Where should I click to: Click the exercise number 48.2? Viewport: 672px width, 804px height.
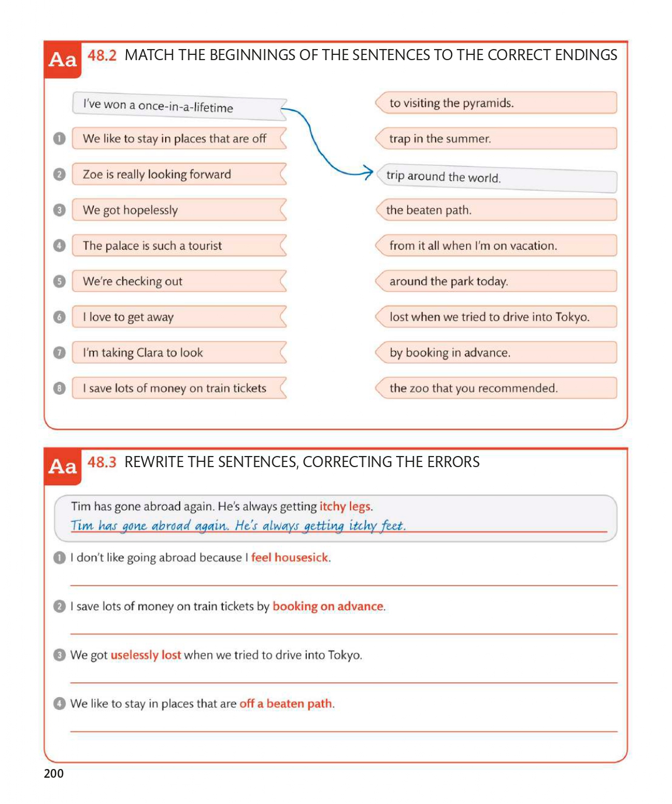[x=102, y=55]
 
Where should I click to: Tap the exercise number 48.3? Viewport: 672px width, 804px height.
[x=102, y=462]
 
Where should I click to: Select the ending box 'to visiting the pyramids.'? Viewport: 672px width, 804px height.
[x=496, y=103]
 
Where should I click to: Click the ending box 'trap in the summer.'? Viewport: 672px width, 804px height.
[x=496, y=138]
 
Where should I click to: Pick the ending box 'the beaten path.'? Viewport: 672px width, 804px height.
[x=496, y=210]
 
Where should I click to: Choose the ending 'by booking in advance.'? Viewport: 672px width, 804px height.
[x=496, y=353]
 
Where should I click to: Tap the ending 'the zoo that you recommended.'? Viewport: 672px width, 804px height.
[x=496, y=388]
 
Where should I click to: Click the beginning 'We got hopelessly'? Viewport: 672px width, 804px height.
[x=178, y=210]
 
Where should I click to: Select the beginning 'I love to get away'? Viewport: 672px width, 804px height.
[x=178, y=317]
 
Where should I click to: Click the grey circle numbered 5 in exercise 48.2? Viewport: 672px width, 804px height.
[x=60, y=281]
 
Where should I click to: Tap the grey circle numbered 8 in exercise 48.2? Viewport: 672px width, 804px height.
[x=60, y=388]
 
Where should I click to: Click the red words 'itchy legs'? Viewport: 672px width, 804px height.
[x=345, y=506]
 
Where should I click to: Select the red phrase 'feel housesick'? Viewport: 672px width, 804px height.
[x=290, y=558]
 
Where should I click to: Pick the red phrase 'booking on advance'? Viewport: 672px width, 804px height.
[x=328, y=606]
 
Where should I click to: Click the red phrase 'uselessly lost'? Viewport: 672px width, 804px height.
[x=146, y=655]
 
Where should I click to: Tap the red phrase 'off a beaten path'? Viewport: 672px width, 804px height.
[x=286, y=704]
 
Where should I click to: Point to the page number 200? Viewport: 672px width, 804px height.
[x=54, y=774]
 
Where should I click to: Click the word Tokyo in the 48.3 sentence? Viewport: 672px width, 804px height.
[x=344, y=655]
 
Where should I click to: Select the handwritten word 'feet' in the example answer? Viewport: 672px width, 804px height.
[x=392, y=525]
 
